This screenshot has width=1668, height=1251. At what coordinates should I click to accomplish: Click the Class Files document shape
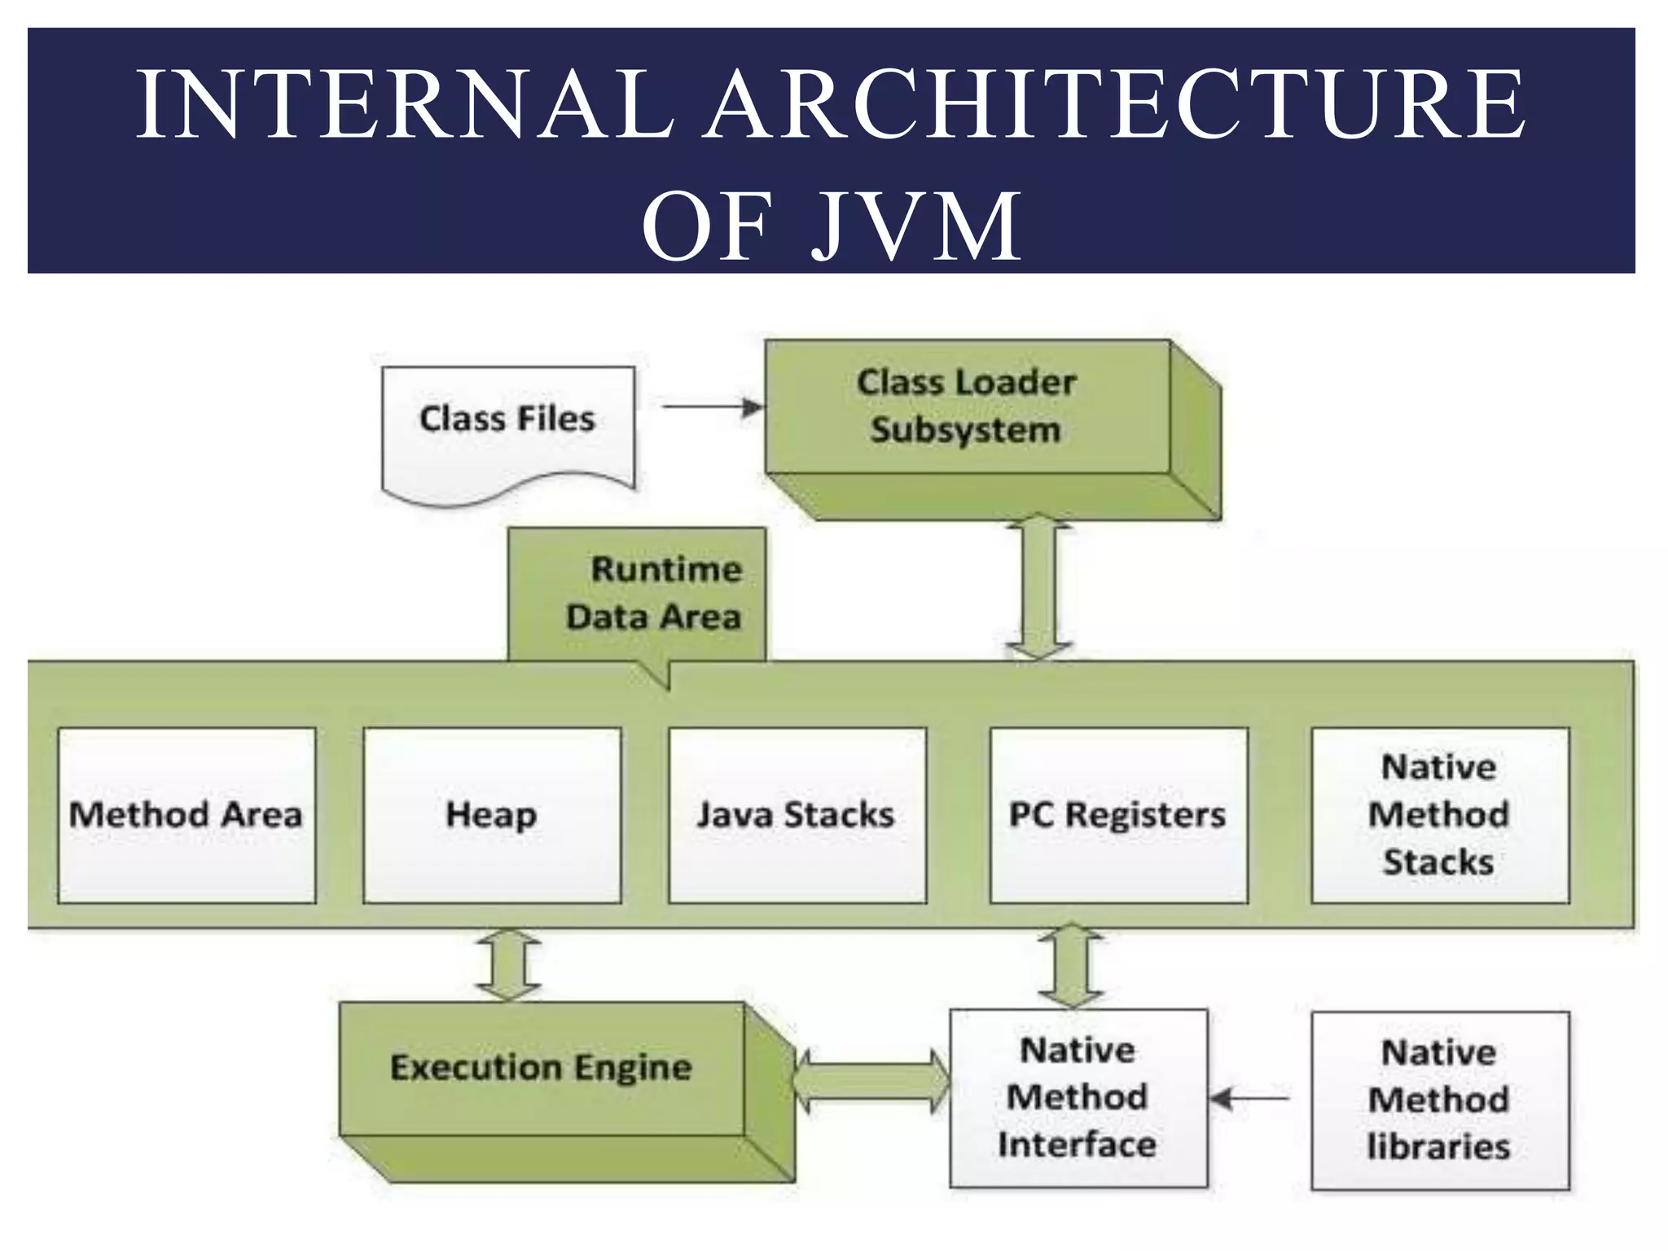click(x=508, y=428)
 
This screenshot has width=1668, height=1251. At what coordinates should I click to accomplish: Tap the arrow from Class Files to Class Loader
click(x=712, y=406)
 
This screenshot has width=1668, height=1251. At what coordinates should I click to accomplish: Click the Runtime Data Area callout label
click(x=637, y=594)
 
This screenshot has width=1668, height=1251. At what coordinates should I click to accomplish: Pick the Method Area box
click(x=187, y=815)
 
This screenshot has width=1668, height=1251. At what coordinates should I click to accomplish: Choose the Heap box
click(x=492, y=815)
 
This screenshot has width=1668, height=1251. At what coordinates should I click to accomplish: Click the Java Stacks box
click(x=797, y=815)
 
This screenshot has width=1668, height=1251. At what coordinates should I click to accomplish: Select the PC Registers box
click(x=1118, y=815)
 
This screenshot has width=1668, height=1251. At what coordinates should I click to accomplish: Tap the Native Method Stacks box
click(x=1440, y=815)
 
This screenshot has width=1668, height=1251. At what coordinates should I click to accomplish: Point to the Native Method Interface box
click(x=1078, y=1098)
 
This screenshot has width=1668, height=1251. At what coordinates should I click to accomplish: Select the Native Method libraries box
click(x=1440, y=1100)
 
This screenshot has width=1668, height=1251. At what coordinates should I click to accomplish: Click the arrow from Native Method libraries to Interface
click(x=1249, y=1099)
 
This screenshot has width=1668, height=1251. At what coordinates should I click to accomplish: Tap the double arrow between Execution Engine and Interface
click(x=871, y=1082)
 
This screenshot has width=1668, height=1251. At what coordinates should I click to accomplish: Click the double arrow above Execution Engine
click(x=508, y=965)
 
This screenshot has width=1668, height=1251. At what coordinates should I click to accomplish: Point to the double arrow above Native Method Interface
click(x=1072, y=966)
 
